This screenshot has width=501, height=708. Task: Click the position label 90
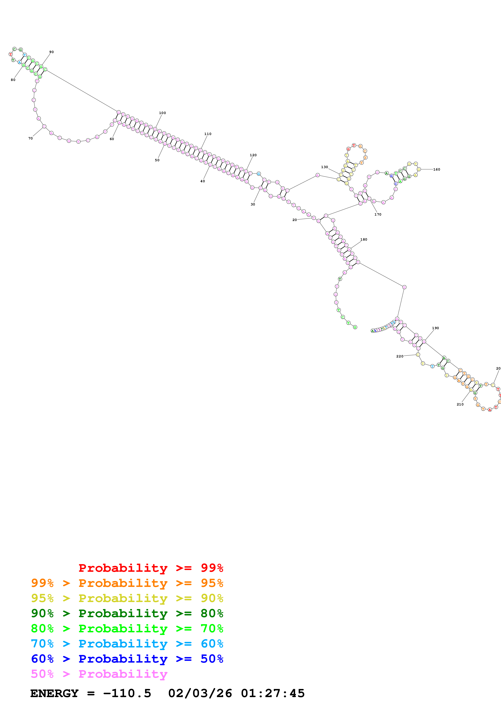pos(51,52)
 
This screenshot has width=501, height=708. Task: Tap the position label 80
pos(13,80)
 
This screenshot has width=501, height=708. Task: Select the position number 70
pos(31,138)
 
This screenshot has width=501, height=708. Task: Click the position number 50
pos(157,160)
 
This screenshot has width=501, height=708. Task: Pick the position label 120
pos(253,155)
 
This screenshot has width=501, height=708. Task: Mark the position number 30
pos(253,204)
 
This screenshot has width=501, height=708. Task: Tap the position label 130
pos(324,167)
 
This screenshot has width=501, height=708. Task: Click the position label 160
pos(437,170)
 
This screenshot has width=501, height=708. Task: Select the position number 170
pos(378,215)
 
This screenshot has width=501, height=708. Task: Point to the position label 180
pos(364,240)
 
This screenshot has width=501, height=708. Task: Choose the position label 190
pos(435,328)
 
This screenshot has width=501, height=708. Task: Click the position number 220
pos(400,356)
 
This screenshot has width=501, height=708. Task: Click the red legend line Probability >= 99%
pos(151,568)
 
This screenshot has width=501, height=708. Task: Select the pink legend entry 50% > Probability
pos(99,674)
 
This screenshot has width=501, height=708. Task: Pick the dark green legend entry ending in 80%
pos(127,613)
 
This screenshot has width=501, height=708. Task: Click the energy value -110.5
pos(127,693)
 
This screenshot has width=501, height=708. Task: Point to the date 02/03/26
pos(200,693)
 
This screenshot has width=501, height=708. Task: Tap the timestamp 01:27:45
pos(273,693)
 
